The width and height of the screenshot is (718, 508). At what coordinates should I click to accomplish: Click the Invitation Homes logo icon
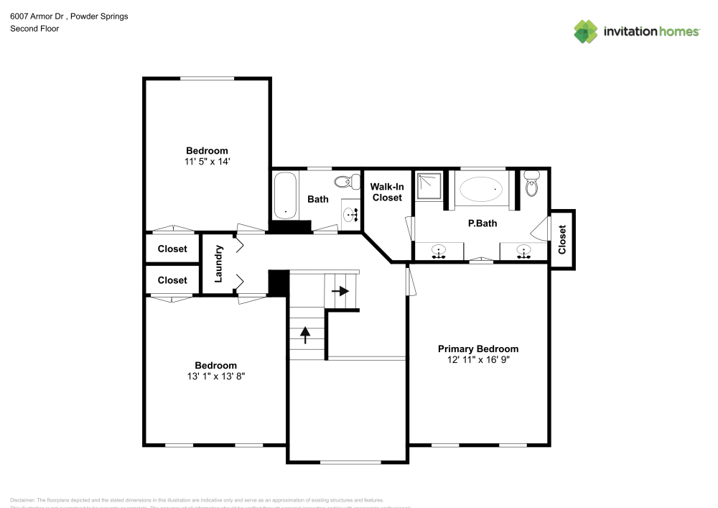(586, 31)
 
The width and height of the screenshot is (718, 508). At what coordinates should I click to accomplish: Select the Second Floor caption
(34, 29)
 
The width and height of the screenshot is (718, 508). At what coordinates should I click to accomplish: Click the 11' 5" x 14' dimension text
(207, 162)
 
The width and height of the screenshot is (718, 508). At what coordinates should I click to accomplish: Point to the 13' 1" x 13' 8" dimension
(215, 376)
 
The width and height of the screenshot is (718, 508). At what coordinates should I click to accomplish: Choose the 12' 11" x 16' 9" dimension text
(478, 359)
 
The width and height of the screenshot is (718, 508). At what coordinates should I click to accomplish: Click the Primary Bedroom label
(478, 348)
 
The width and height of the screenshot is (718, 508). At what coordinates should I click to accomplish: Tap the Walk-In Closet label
(386, 192)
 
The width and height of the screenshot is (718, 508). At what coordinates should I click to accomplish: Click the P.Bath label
(482, 223)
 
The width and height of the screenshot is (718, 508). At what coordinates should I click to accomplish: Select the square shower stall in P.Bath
(431, 186)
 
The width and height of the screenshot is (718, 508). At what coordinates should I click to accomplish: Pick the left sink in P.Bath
(439, 251)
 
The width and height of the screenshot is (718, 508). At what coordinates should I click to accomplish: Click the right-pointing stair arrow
(340, 291)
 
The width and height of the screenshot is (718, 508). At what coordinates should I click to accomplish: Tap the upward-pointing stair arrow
(305, 333)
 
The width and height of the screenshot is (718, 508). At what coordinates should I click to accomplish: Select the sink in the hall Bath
(351, 213)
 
